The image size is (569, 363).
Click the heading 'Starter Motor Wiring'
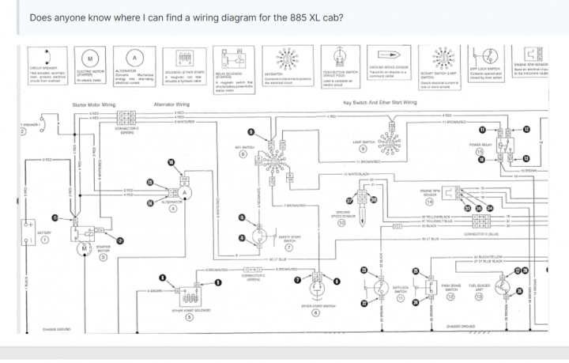point(94,104)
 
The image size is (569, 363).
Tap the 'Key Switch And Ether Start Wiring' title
point(382,102)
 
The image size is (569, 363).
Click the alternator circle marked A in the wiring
point(187,191)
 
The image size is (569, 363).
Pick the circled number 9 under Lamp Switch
point(364,149)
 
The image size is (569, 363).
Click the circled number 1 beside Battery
point(46,242)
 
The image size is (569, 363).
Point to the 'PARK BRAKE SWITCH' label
point(451,288)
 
